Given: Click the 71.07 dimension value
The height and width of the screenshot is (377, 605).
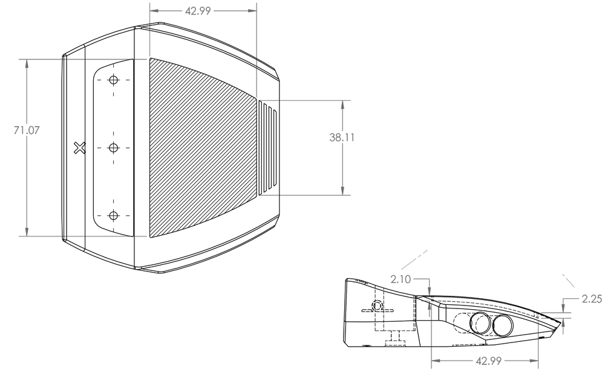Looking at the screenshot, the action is tap(26, 130).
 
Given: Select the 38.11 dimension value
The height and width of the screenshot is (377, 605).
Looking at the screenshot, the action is tap(342, 138).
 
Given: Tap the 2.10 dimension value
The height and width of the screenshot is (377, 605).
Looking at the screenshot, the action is tap(401, 279).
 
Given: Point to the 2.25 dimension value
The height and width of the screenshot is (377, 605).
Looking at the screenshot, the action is tap(592, 299).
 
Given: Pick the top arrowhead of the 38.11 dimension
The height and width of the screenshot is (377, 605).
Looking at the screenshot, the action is tap(343, 104).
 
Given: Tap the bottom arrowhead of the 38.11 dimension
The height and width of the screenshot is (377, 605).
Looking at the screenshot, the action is tap(343, 191).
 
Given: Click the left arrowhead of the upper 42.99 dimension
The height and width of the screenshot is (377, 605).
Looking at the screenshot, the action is tap(154, 11).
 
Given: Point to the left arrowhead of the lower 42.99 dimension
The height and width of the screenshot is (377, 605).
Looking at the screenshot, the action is tap(436, 361).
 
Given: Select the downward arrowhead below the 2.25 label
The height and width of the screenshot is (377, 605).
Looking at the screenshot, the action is tap(563, 310).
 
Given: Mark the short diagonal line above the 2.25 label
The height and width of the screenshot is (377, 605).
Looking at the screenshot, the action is tap(569, 280).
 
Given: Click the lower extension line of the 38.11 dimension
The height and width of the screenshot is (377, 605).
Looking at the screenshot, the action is tap(305, 195).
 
